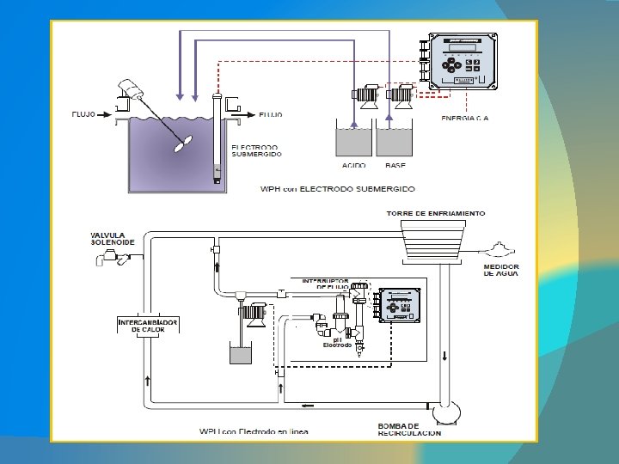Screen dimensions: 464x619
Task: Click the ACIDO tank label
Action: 353,165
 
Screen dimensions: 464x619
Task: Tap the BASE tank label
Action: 395,165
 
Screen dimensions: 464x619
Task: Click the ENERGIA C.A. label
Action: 465,117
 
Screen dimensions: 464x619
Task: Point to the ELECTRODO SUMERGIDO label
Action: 256,150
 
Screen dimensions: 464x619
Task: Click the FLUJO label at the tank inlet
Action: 86,113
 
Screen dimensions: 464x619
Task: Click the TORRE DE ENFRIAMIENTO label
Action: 437,213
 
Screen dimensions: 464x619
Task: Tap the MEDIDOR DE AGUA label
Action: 500,270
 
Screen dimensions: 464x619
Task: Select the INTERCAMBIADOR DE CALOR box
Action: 148,326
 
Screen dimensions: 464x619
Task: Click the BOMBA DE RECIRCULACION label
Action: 409,429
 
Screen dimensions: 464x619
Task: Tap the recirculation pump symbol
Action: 446,412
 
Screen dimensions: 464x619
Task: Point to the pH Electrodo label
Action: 337,342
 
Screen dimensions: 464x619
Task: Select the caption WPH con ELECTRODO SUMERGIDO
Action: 338,187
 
